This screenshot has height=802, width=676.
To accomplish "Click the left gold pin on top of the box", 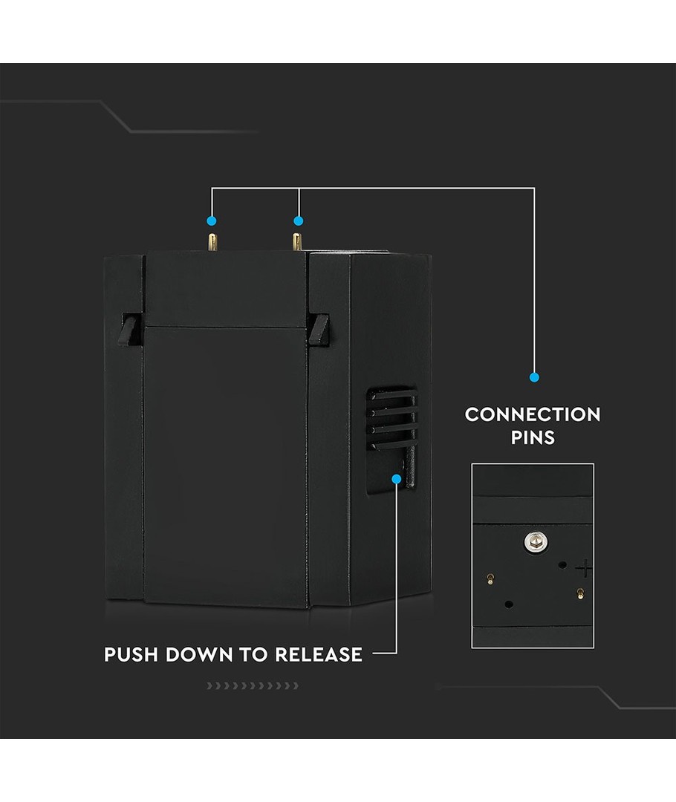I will click(x=212, y=241).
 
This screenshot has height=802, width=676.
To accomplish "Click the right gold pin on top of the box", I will click(x=296, y=241).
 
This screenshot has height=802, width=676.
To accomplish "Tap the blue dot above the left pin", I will click(x=212, y=221).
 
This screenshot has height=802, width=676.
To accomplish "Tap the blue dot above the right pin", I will click(x=299, y=221).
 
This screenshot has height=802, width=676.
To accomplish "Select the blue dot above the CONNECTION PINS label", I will click(x=534, y=377).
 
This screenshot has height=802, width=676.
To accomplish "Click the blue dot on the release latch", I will click(x=397, y=480).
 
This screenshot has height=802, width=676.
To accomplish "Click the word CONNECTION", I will click(x=533, y=414).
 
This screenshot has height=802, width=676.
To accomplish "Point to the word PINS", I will click(x=533, y=437).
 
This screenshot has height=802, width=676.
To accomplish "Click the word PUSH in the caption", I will click(x=131, y=655).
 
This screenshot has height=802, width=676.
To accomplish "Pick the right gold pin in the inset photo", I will click(x=579, y=593).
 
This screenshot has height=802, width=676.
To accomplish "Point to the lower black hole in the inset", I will click(x=508, y=604).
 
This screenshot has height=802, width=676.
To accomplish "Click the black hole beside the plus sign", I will click(x=562, y=565).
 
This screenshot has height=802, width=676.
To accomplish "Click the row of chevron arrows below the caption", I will click(x=253, y=685).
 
